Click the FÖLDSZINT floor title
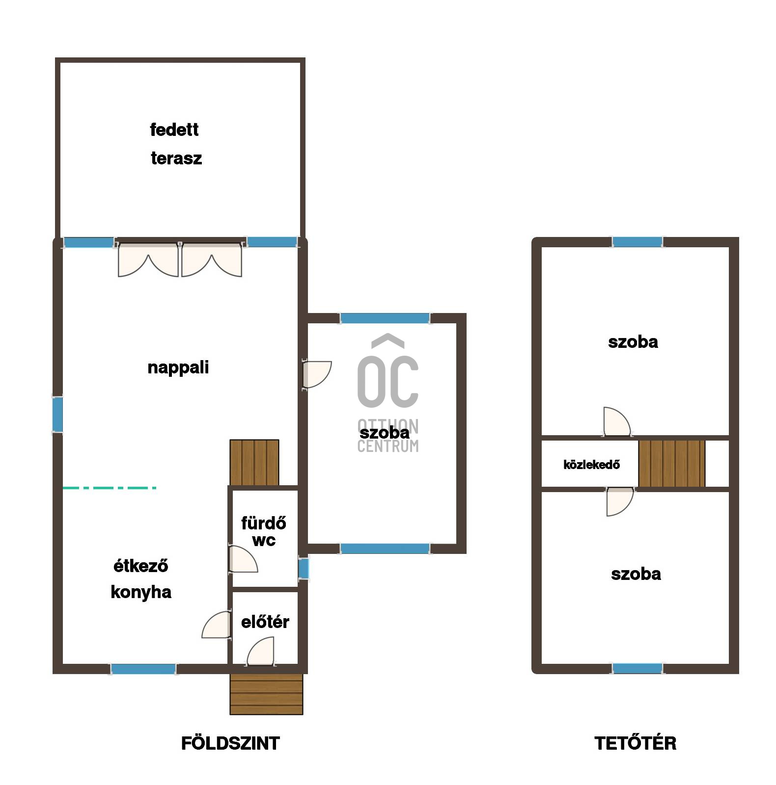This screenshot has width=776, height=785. tap(230, 743)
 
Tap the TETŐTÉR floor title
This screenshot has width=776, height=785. tap(635, 743)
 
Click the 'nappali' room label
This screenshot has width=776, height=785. tap(178, 367)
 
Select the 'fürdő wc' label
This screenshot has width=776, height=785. tap(264, 531)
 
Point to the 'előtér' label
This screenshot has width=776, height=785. tap(265, 622)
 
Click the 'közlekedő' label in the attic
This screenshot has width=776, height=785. tap(591, 464)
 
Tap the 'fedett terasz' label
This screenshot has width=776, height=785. tap(176, 144)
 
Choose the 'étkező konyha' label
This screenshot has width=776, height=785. tap(141, 579)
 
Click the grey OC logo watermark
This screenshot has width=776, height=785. tap(388, 392)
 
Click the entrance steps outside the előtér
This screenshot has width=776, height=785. tap(266, 694)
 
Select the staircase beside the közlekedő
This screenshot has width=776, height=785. tap(672, 464)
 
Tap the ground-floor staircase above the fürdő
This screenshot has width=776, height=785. tap(254, 462)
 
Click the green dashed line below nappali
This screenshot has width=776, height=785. tap(110, 488)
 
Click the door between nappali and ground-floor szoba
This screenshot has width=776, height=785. tap(317, 375)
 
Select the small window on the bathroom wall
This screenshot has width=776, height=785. tap(304, 569)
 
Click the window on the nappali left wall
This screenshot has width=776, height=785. tap(57, 415)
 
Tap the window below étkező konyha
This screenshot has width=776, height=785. tap(143, 669)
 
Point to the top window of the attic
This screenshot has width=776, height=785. tap(637, 242)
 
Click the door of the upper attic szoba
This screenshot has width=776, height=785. tap(617, 421)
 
